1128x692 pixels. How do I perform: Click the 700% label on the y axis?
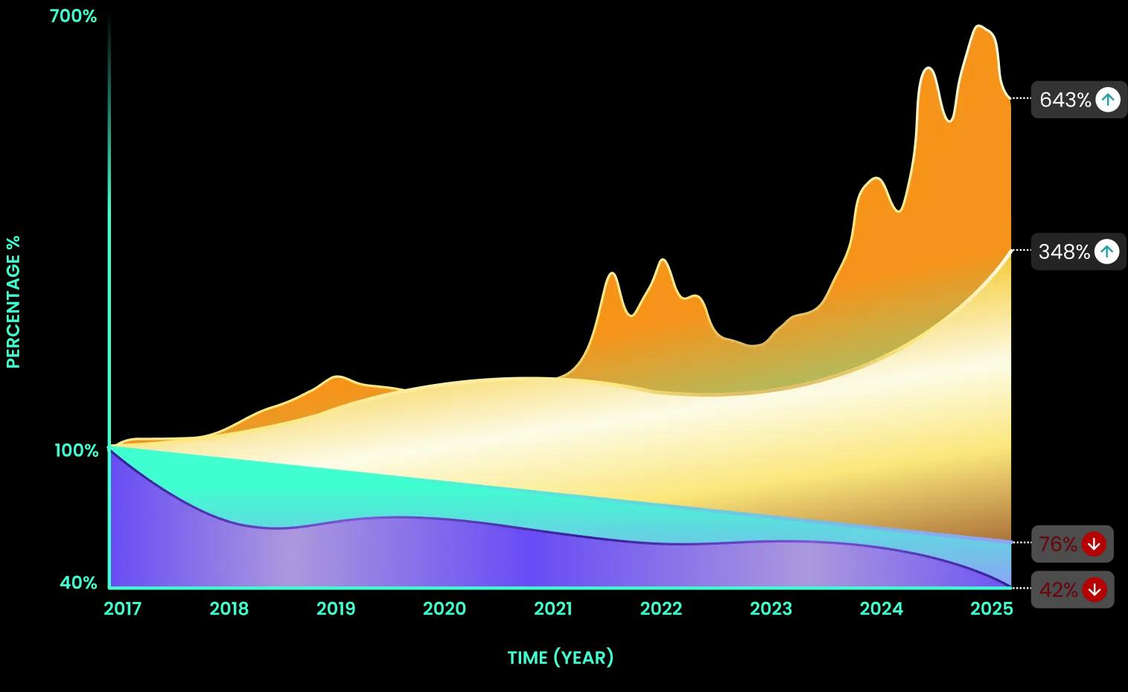[73, 16]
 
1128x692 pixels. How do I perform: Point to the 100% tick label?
[76, 450]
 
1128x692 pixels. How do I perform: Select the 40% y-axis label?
[78, 583]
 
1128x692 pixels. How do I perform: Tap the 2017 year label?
[123, 609]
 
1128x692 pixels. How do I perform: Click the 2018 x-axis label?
[229, 609]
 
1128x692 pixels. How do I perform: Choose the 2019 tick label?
[336, 609]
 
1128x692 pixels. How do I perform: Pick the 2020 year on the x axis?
[444, 609]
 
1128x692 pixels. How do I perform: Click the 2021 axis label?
[553, 609]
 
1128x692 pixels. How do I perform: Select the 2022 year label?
[661, 609]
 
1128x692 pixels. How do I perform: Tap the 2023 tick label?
[771, 609]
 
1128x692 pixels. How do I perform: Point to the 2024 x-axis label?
[881, 609]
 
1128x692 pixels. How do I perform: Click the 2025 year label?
[991, 609]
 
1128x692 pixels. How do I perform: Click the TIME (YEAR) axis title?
[561, 658]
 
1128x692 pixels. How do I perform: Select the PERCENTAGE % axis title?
[13, 301]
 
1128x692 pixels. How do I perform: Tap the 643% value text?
[1065, 100]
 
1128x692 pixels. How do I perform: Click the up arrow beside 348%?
[1107, 252]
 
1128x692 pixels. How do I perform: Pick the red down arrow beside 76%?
[1093, 545]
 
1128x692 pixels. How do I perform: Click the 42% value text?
[1058, 590]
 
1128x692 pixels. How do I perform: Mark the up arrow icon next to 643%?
[1108, 100]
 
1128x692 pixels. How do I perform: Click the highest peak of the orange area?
[981, 27]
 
